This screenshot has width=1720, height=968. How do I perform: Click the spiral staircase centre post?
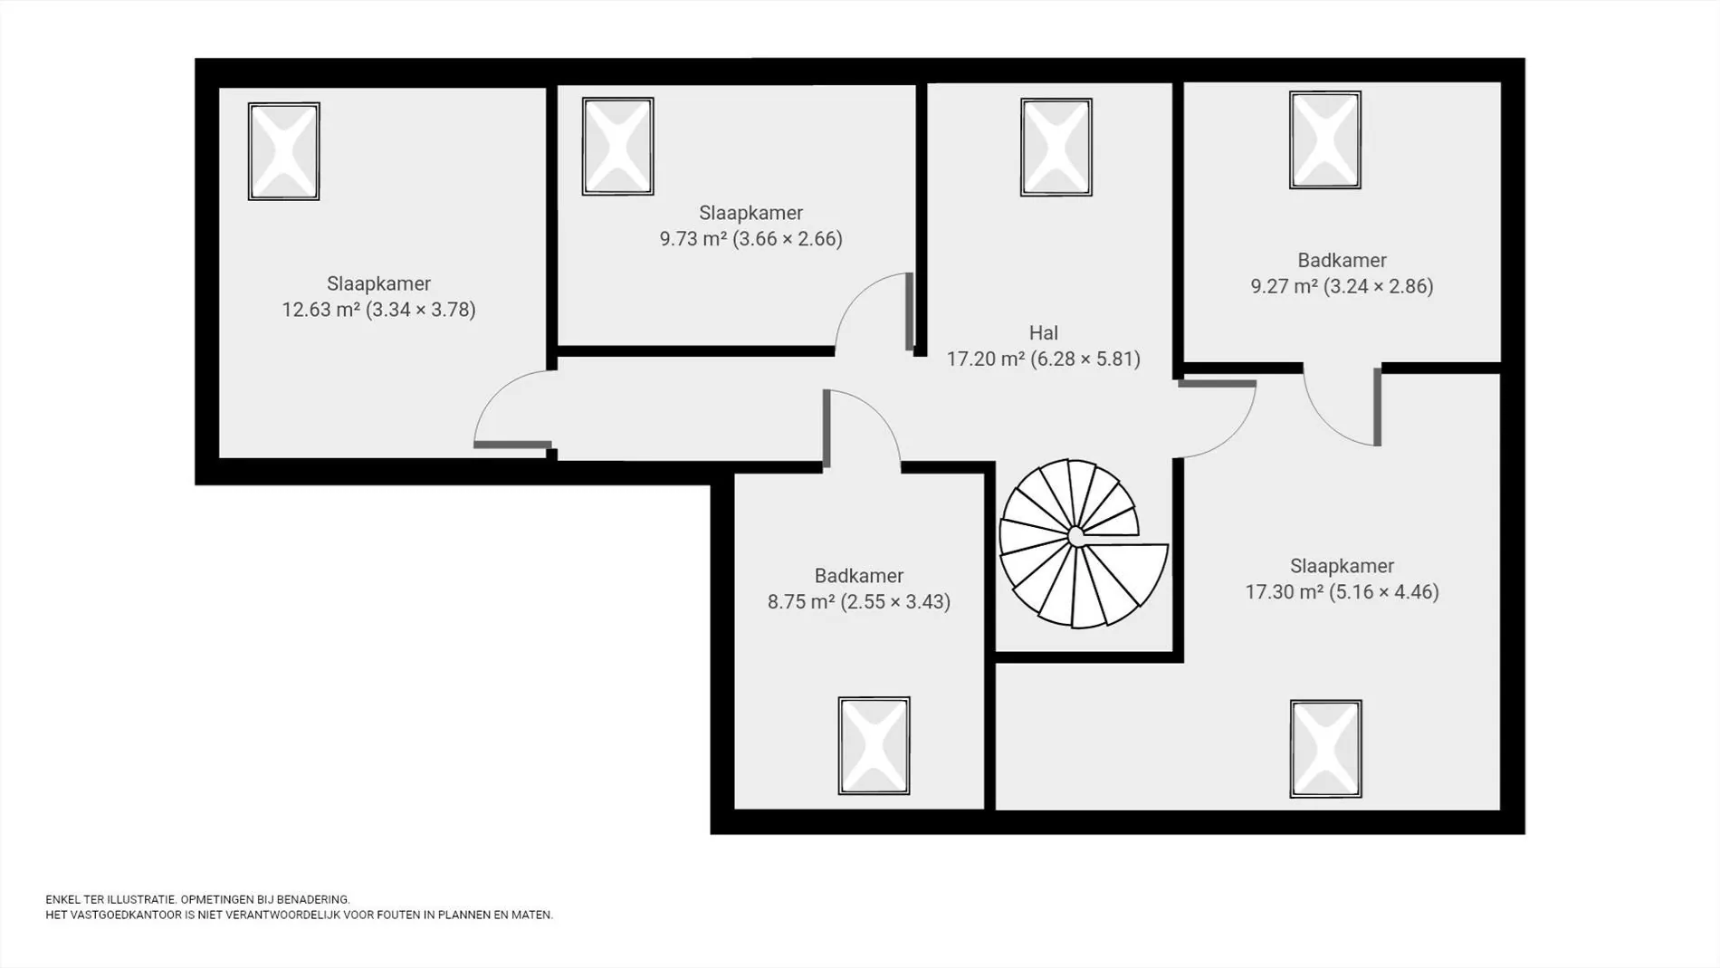[1076, 536]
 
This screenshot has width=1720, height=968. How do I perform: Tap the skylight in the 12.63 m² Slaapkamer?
[284, 151]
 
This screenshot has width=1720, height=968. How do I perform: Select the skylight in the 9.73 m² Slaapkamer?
[618, 147]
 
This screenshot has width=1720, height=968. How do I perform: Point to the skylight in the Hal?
[1056, 148]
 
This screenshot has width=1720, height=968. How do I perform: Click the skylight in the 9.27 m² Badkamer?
[1325, 140]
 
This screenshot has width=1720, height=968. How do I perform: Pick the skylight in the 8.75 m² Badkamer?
[874, 746]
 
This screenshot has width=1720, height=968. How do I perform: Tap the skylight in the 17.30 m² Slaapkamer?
[1326, 749]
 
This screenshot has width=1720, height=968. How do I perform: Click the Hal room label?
[1044, 333]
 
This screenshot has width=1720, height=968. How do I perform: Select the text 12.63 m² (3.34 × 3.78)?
[378, 310]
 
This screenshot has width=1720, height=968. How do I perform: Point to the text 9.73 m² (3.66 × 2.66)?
[751, 239]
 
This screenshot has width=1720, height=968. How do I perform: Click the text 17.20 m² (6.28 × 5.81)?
[1044, 359]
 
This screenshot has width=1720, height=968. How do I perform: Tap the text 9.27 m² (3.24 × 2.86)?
[1343, 287]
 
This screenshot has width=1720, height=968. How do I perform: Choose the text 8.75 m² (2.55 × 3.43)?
[859, 602]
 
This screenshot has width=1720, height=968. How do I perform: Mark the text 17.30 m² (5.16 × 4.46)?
[1343, 592]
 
